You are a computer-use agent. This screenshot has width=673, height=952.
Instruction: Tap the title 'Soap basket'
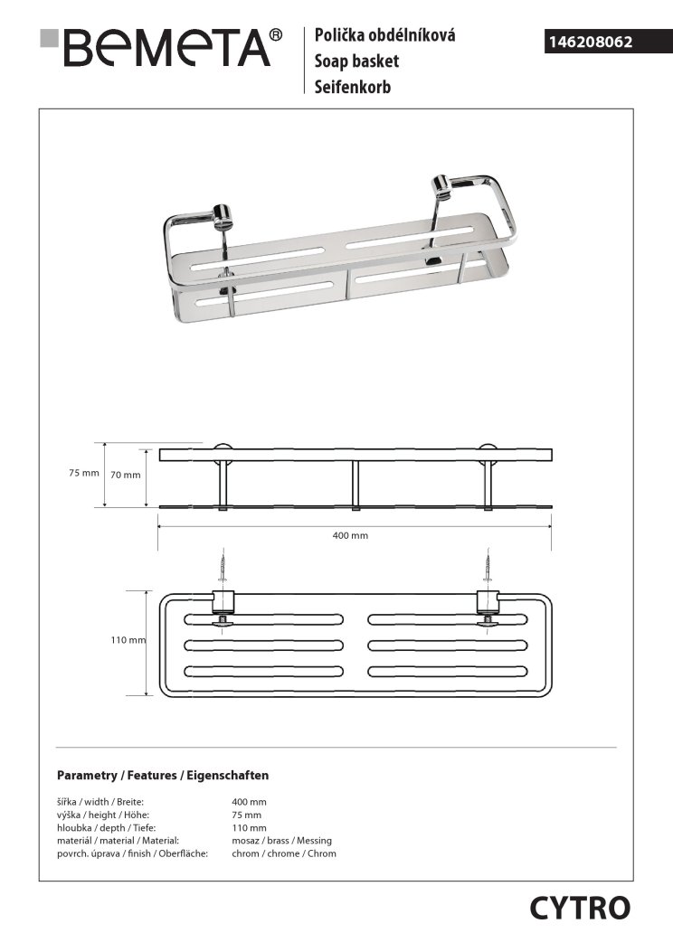[356, 61]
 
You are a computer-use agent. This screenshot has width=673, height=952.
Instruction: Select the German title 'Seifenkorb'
[353, 87]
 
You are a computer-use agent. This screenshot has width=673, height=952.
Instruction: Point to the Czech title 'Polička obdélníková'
[384, 36]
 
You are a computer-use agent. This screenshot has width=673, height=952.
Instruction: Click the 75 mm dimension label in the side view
[83, 474]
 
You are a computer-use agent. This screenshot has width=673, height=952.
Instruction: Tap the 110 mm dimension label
[128, 641]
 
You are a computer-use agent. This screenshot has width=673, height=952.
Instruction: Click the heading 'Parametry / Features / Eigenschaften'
[163, 776]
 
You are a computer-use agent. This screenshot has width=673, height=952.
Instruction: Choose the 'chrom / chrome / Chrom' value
[284, 853]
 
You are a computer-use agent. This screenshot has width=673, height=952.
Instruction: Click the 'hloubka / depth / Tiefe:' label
[105, 827]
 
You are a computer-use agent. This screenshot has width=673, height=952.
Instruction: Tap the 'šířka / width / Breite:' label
[100, 802]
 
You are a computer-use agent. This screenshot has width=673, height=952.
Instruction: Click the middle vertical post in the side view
[355, 486]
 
